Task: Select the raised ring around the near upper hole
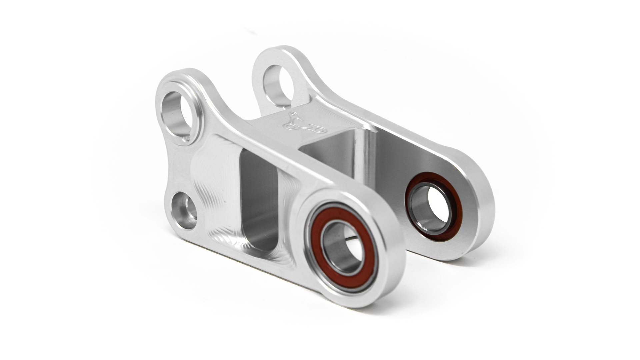tap(197, 110)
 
